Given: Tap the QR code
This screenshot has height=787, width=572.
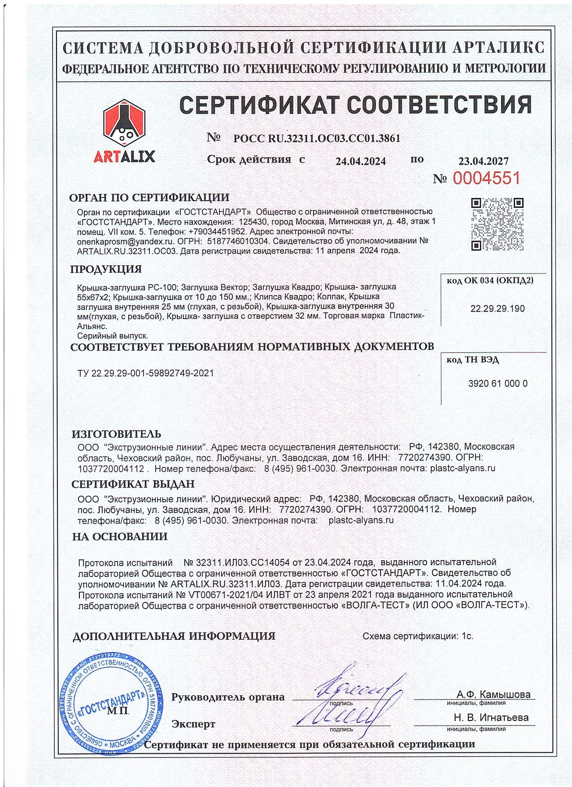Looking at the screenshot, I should (x=497, y=224).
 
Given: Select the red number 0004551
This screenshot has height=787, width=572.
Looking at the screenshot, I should (x=486, y=178).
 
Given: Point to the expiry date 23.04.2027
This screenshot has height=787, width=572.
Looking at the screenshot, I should (x=483, y=161).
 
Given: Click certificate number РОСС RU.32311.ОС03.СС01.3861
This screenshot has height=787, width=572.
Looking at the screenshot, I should (x=316, y=138).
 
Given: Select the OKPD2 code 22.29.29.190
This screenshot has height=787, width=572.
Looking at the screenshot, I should (x=497, y=308).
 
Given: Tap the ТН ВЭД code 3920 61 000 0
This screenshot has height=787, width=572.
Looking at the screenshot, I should (x=498, y=383).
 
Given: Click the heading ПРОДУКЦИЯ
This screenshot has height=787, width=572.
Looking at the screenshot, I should (x=106, y=269).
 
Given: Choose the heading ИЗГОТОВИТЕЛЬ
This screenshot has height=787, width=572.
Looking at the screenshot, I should (x=116, y=434).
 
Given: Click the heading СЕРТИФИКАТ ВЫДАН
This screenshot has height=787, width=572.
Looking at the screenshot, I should (x=133, y=484).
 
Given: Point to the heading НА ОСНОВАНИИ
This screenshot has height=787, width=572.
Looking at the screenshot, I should (x=120, y=536).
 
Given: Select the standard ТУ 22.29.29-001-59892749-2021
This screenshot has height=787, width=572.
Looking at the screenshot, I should (x=146, y=373).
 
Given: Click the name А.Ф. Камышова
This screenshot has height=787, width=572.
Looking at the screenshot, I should (x=493, y=695).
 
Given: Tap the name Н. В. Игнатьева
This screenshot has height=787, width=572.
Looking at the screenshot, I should (x=491, y=717).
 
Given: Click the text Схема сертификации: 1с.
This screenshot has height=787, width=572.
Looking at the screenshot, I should (x=418, y=636).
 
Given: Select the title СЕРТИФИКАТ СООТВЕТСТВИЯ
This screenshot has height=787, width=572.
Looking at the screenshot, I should (x=355, y=105).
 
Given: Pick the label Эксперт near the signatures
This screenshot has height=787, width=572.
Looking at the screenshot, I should (x=193, y=724).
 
